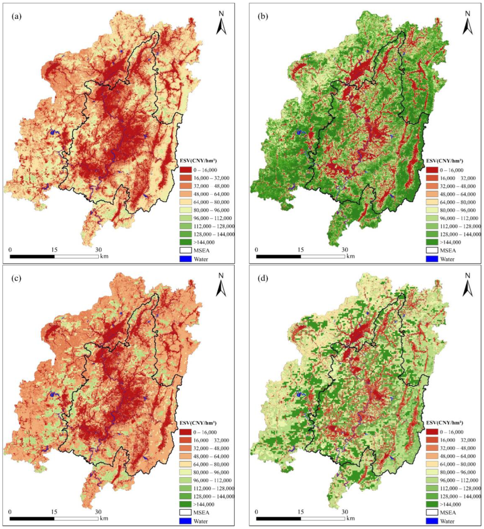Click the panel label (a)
click(x=16, y=17)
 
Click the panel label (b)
click(x=263, y=17)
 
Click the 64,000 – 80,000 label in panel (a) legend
click(x=212, y=202)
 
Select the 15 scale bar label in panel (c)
click(x=54, y=512)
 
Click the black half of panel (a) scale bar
click(x=32, y=256)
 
